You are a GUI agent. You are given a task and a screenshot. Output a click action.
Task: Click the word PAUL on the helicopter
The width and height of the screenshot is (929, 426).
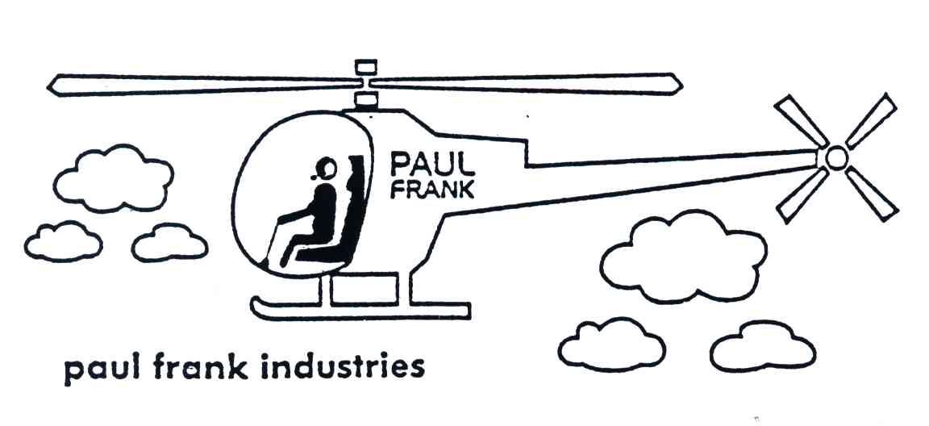tap(432, 163)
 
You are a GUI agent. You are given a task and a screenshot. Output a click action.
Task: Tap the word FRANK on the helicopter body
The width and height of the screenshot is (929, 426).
tap(433, 189)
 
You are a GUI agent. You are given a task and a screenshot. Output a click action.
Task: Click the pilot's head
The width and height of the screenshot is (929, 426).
tap(325, 169)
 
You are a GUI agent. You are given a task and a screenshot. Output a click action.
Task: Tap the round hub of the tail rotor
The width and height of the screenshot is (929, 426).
tap(836, 158)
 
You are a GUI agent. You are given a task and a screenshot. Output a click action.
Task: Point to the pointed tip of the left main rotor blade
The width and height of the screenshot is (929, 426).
tap(48, 85)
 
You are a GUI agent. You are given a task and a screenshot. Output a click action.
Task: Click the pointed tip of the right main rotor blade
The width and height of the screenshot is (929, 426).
tap(681, 83)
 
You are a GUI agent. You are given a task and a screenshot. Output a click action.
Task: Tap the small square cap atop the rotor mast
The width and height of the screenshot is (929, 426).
tap(365, 66)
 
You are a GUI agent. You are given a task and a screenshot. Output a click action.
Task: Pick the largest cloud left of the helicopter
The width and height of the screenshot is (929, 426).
tap(113, 178)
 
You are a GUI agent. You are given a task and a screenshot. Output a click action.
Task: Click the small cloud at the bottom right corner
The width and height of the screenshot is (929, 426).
tap(763, 346)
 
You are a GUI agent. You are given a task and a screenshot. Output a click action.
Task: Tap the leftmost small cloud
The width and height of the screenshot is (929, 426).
tap(63, 241)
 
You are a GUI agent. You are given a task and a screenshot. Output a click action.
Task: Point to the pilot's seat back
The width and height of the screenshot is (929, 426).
tap(353, 207)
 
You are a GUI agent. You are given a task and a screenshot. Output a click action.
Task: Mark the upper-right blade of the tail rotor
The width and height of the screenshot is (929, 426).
tap(872, 121)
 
